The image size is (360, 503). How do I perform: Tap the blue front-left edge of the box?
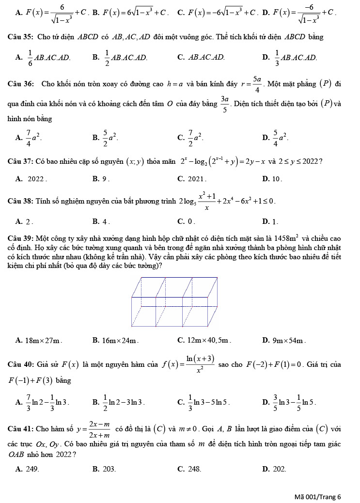coord(132,311)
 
